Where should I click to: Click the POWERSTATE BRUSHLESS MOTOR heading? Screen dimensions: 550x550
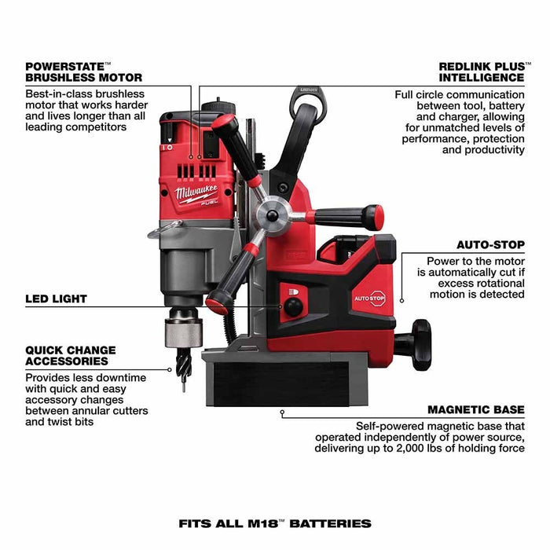(84, 71)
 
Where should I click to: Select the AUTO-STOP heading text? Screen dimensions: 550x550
(490, 245)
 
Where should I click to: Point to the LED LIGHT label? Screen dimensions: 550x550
(56, 299)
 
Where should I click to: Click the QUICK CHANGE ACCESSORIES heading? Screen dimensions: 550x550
(71, 355)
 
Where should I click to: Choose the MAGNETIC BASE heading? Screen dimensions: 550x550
(476, 409)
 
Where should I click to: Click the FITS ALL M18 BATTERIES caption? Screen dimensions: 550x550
(274, 522)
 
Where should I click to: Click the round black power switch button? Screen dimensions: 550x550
(293, 307)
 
